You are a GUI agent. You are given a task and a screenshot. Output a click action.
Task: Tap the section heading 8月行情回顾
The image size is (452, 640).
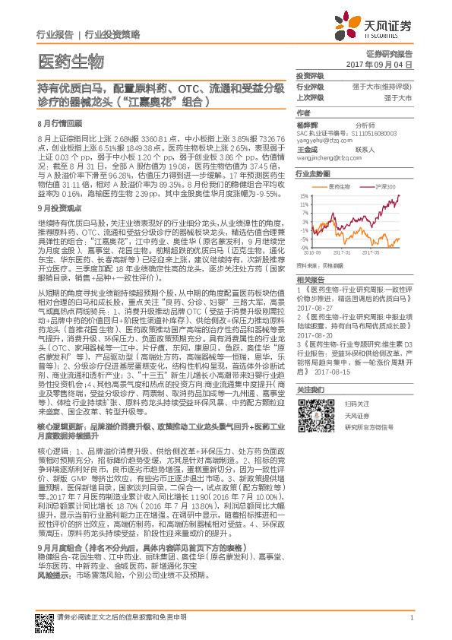pyautogui.click(x=59, y=122)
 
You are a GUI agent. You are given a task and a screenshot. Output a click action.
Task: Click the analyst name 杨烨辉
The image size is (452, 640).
pyautogui.click(x=307, y=124)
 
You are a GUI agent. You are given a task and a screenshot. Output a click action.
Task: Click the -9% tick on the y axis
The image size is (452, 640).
pyautogui.click(x=303, y=247)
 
